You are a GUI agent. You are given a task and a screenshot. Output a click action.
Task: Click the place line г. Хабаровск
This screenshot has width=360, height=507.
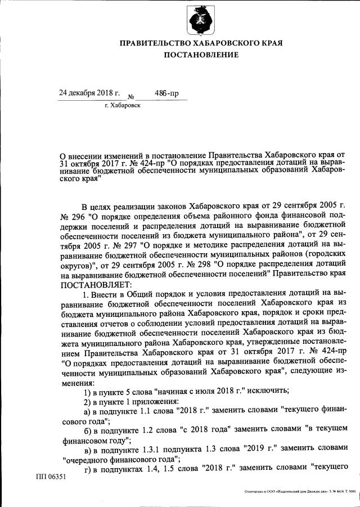123,105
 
